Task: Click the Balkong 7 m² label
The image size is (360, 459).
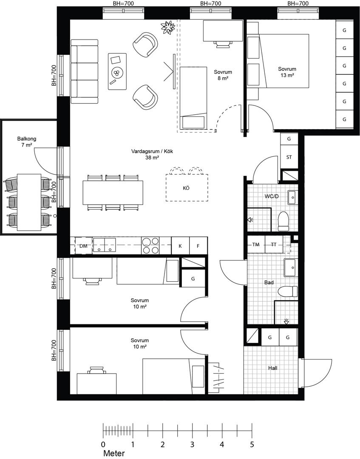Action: pyautogui.click(x=27, y=142)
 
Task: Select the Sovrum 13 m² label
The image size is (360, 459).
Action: pyautogui.click(x=287, y=72)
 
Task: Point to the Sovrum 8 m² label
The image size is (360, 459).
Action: pyautogui.click(x=223, y=75)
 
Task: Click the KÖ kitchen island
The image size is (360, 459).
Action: pyautogui.click(x=187, y=188)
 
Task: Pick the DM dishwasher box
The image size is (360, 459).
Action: pyautogui.click(x=84, y=246)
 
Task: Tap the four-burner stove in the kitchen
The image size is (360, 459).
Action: pyautogui.click(x=150, y=246)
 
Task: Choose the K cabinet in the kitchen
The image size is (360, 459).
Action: pyautogui.click(x=180, y=246)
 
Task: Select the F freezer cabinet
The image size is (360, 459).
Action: pyautogui.click(x=198, y=246)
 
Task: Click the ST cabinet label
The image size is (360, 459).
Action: pyautogui.click(x=289, y=157)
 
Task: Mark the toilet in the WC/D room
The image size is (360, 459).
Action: pyautogui.click(x=283, y=221)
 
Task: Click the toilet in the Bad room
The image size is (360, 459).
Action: pyautogui.click(x=287, y=292)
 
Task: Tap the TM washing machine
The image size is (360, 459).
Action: pyautogui.click(x=256, y=244)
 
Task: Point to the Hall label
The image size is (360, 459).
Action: pyautogui.click(x=273, y=368)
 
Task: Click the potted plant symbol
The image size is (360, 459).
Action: pyautogui.click(x=168, y=28)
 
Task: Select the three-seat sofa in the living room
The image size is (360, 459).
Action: pyautogui.click(x=85, y=71)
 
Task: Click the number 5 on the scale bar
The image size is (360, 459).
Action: pyautogui.click(x=252, y=445)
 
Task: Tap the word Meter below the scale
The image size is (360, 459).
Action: pyautogui.click(x=114, y=453)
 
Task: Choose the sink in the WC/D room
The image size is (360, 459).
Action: pyautogui.click(x=292, y=198)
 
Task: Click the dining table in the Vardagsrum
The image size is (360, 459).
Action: pyautogui.click(x=113, y=193)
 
